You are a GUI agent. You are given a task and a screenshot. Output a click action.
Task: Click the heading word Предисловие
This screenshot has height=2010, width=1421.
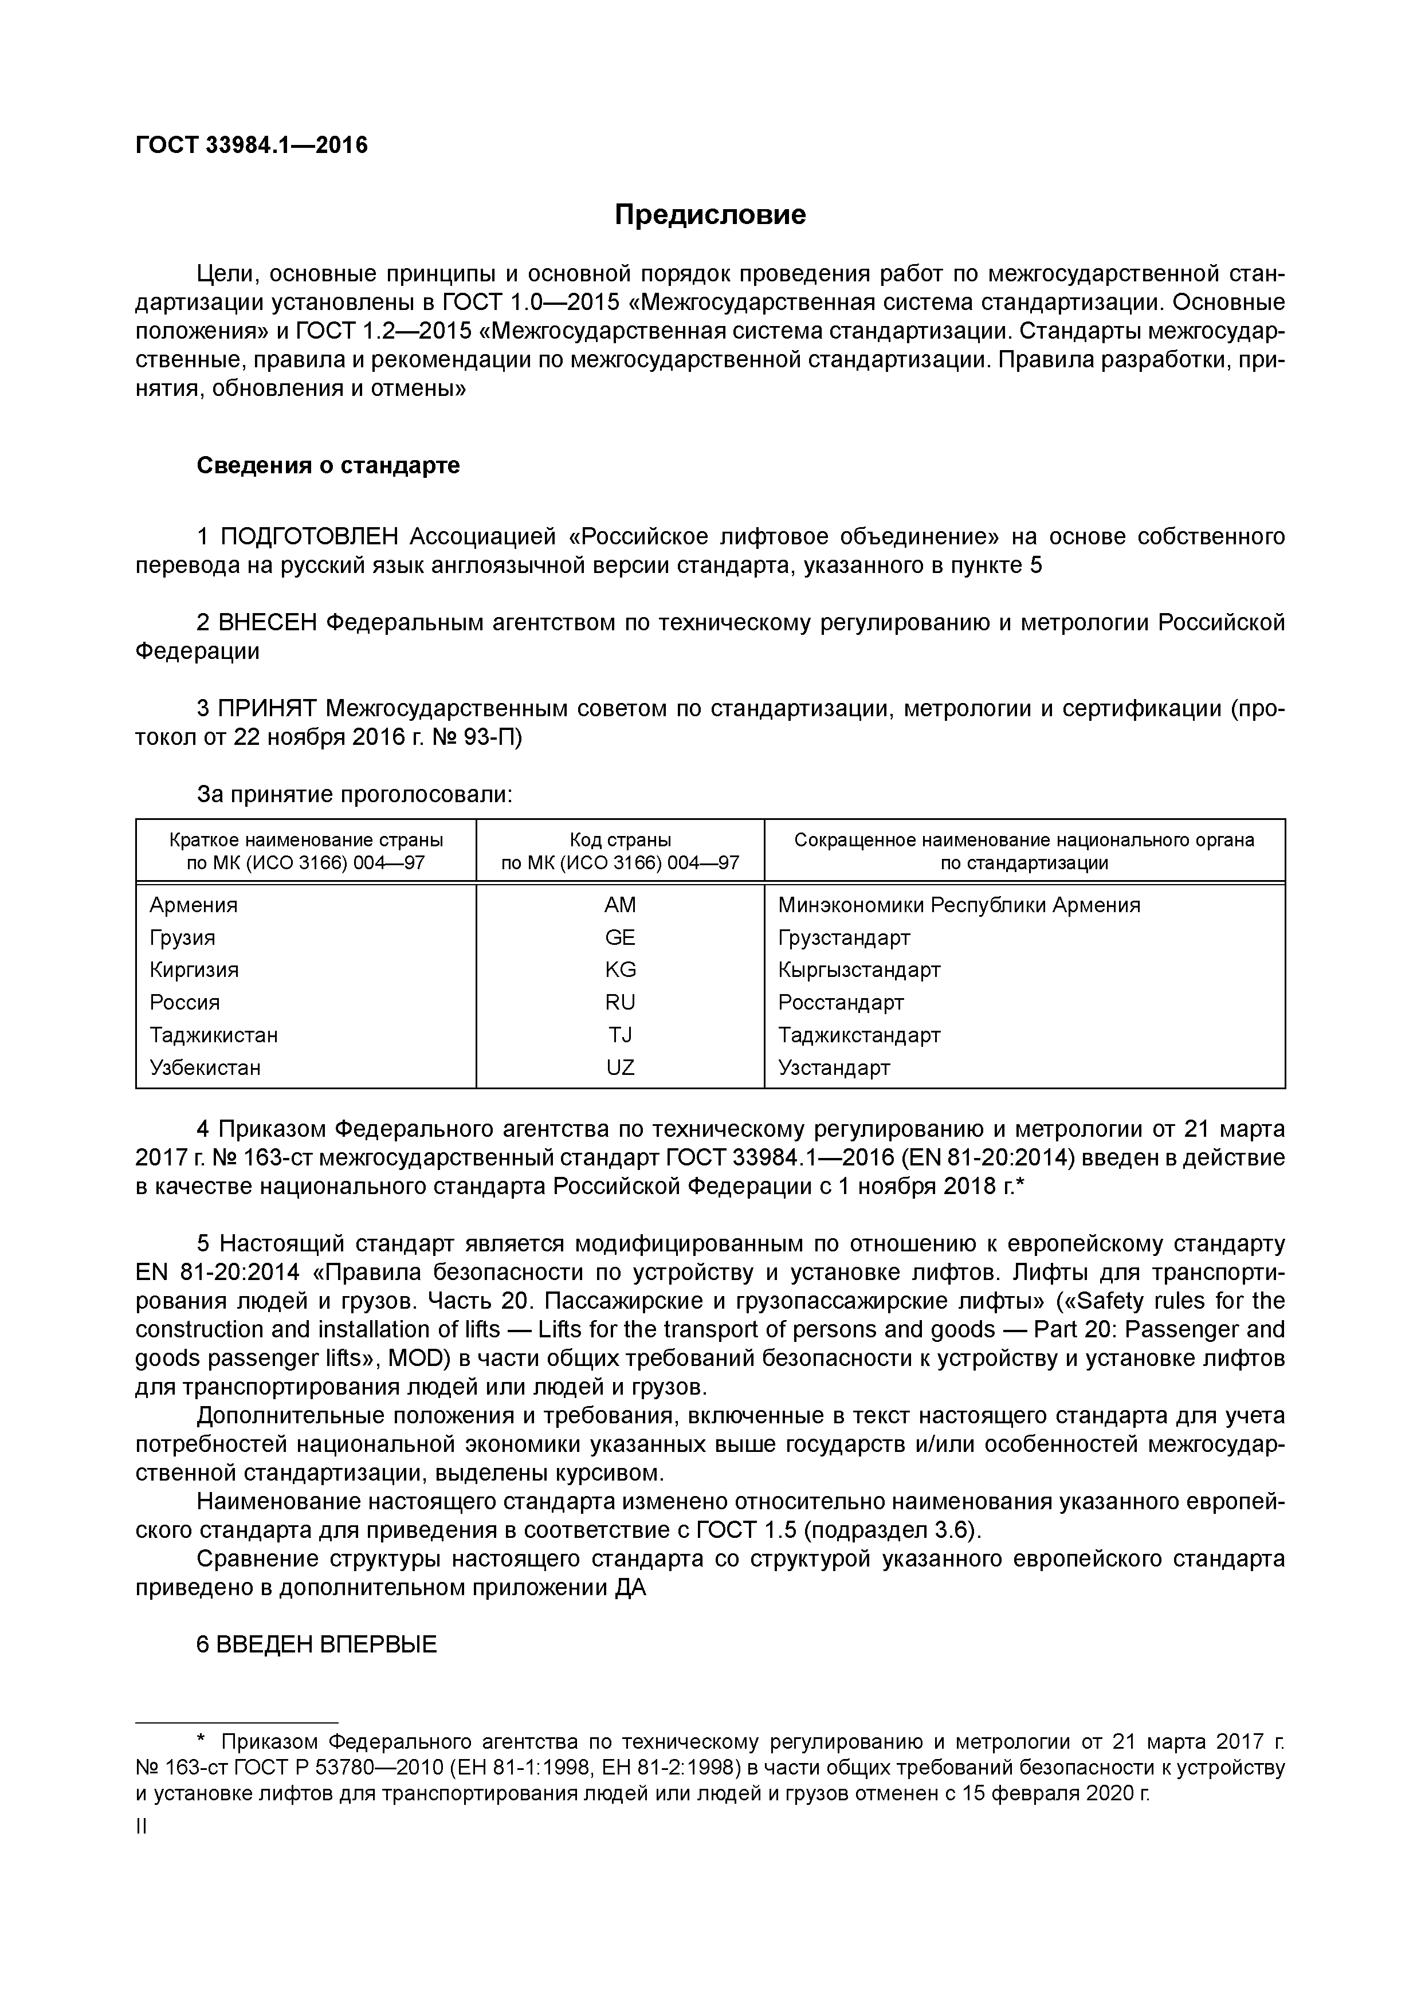709,214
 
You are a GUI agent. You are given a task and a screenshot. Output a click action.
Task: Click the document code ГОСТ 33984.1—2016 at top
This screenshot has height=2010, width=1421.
252,146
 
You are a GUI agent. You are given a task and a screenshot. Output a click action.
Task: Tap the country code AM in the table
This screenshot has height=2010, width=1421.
620,905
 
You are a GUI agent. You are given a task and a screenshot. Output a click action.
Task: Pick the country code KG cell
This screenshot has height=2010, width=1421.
620,970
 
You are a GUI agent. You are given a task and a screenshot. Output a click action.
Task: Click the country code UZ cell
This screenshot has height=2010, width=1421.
620,1068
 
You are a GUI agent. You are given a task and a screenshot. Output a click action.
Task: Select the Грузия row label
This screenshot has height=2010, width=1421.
182,937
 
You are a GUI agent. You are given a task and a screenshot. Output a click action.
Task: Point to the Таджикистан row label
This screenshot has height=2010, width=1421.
214,1035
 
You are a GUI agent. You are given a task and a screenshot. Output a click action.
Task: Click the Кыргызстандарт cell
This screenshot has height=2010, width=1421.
859,970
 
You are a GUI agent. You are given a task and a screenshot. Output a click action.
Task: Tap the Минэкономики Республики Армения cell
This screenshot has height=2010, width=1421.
959,905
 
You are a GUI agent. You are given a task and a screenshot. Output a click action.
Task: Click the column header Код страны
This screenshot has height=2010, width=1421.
620,841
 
